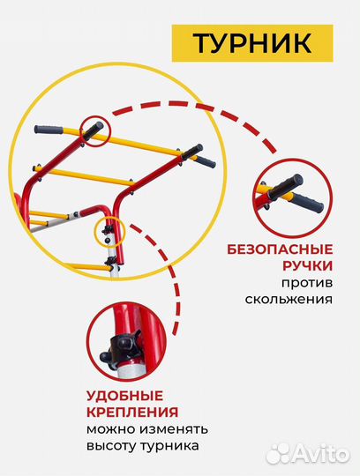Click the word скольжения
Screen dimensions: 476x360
coord(292,300)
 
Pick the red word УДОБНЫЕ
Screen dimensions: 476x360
coord(124,394)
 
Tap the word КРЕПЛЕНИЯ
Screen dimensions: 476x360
coord(132,412)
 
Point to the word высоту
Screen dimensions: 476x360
coord(116,447)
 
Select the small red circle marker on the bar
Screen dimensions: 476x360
coord(94,129)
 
